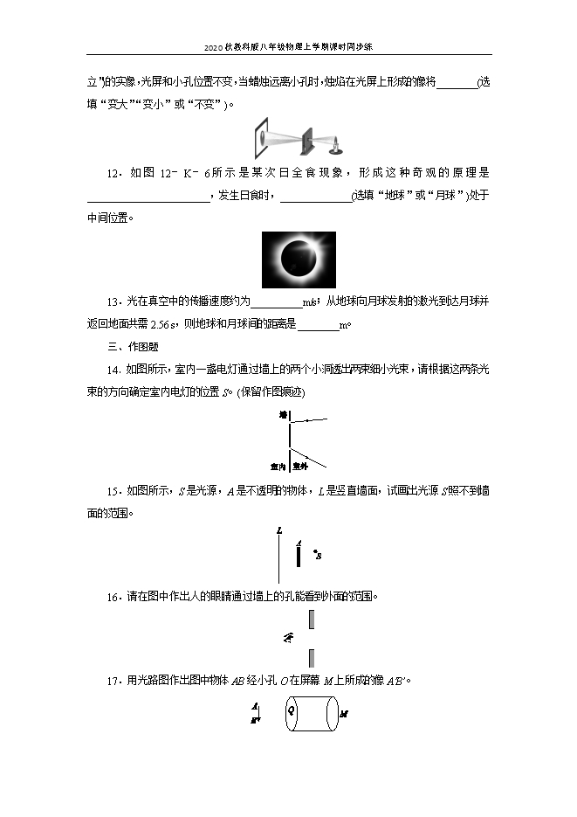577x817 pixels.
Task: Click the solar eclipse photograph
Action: point(299,259)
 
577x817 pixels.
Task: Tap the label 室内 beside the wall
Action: point(278,466)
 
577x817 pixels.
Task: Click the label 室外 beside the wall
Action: point(300,466)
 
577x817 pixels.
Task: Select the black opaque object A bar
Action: point(299,557)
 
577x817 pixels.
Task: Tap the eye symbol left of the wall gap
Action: point(288,638)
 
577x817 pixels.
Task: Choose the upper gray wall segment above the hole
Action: point(311,619)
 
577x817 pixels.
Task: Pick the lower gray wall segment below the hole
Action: point(311,658)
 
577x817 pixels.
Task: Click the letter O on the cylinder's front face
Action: point(292,712)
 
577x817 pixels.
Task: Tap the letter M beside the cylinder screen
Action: point(344,715)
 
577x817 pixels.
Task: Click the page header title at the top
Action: point(288,47)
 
